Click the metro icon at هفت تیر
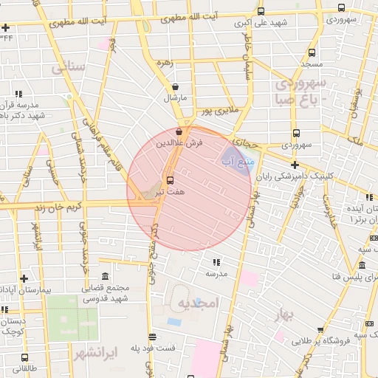[171, 179]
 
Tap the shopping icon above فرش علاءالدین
[179, 132]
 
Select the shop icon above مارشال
[174, 87]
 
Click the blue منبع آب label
[237, 159]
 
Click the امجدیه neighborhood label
[199, 303]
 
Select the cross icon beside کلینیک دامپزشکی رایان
[295, 165]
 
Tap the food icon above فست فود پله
[152, 336]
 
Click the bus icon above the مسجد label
[312, 53]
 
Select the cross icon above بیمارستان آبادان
[24, 278]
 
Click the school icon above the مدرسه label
[216, 262]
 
